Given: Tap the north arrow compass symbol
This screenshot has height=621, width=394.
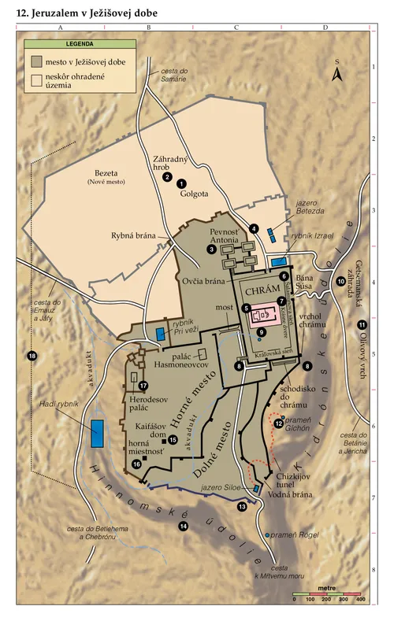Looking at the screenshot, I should (336, 73).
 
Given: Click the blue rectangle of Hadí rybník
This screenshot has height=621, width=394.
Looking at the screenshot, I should (98, 434).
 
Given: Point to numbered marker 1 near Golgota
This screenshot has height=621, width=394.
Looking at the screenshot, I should (181, 183).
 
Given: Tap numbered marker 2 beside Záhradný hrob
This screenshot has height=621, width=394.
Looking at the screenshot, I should (167, 177).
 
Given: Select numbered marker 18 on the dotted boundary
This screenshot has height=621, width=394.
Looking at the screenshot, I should (32, 356).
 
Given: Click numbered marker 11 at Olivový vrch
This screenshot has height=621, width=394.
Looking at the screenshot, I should (362, 325).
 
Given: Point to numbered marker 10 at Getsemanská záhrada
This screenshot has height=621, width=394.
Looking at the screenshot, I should (341, 281).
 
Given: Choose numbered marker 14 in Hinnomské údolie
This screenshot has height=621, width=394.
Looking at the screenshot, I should (184, 526).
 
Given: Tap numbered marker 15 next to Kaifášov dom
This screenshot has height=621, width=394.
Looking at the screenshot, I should (173, 439).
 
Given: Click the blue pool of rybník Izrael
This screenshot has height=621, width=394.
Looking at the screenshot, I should (278, 260).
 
